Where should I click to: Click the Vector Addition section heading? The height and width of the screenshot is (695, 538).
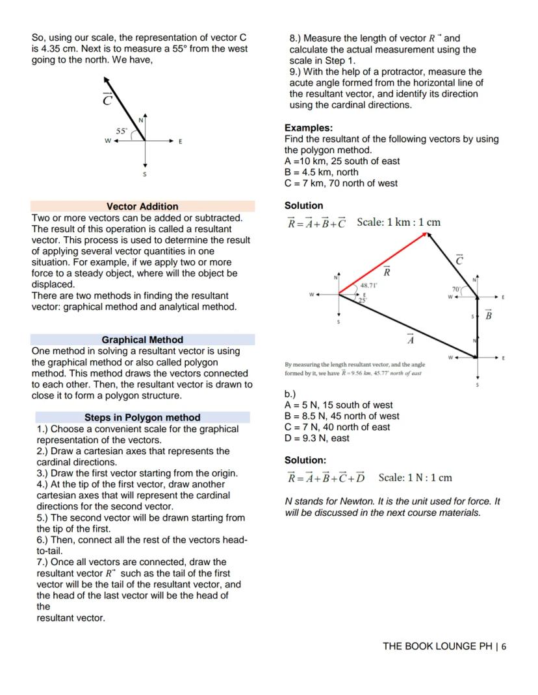[x=142, y=206]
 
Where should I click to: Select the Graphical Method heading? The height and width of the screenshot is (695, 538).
[x=142, y=339]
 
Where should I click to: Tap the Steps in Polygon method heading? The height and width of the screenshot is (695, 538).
[x=142, y=417]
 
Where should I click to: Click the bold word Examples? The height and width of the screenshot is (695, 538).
[x=309, y=128]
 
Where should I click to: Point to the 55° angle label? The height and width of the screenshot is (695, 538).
[x=122, y=130]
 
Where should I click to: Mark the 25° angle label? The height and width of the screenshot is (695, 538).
[x=363, y=299]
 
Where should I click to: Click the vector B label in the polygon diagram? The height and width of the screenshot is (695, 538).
[x=489, y=315]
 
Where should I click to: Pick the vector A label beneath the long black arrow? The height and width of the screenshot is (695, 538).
[x=410, y=339]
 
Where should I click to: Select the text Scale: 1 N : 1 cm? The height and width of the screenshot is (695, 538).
[x=415, y=478]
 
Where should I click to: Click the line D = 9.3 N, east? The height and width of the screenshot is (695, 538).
[x=316, y=438]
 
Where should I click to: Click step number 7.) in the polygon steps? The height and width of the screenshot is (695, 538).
[x=44, y=562]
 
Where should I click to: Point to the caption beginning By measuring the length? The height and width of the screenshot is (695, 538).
[x=355, y=369]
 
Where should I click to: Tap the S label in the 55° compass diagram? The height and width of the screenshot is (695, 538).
[x=145, y=174]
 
